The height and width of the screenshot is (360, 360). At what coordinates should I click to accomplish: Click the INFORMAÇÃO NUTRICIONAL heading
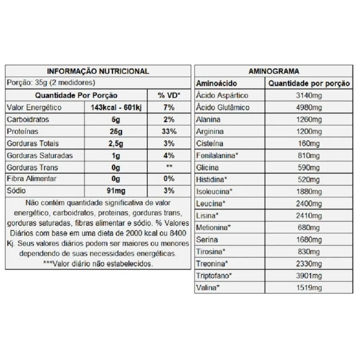tap(98, 71)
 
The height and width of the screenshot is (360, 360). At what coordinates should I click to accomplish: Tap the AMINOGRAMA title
tap(274, 71)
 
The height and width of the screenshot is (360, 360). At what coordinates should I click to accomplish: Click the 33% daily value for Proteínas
tap(169, 132)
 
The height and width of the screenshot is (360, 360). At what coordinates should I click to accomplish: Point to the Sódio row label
tap(16, 191)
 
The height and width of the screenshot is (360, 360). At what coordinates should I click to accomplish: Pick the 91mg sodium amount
tap(116, 191)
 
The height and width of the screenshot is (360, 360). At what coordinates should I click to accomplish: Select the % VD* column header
tap(169, 96)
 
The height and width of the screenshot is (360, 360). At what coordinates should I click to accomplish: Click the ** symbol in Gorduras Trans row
tap(169, 167)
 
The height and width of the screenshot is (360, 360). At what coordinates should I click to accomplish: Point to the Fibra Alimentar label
tap(32, 179)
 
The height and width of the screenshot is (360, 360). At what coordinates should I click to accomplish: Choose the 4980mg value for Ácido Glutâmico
tap(309, 108)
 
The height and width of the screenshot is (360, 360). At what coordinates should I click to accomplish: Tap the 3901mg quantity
tap(309, 276)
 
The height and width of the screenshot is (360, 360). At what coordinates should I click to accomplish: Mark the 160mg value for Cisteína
tap(309, 144)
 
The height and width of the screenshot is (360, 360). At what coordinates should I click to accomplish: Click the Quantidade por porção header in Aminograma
tap(309, 84)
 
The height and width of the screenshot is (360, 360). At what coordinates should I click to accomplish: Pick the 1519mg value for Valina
tap(309, 288)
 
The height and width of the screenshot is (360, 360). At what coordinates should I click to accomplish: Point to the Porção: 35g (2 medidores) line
tap(51, 83)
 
